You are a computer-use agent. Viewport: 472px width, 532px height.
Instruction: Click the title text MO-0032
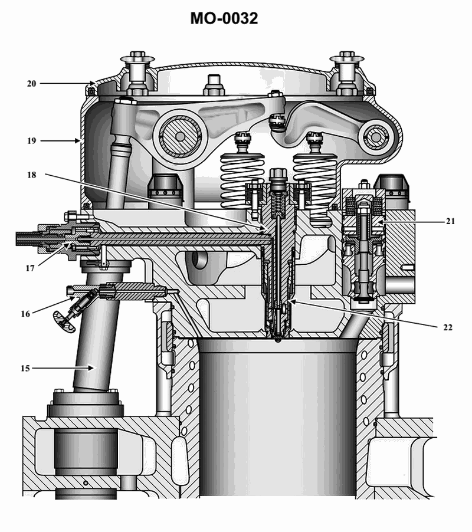click(x=224, y=18)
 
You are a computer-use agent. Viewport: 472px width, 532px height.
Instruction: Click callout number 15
click(x=25, y=368)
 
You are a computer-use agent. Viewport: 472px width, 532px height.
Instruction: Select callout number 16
click(x=25, y=314)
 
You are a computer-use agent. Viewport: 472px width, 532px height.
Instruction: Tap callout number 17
click(x=30, y=268)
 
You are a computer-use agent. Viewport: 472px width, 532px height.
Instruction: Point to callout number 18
click(x=31, y=175)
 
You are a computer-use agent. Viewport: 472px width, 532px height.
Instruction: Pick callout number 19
click(x=31, y=140)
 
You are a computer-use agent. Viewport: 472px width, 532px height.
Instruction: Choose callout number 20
click(x=31, y=84)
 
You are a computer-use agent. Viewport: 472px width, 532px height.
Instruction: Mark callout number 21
click(x=450, y=221)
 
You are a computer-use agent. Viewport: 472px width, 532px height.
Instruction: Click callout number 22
click(x=448, y=327)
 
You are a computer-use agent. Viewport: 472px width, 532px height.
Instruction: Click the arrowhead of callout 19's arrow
click(x=78, y=140)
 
